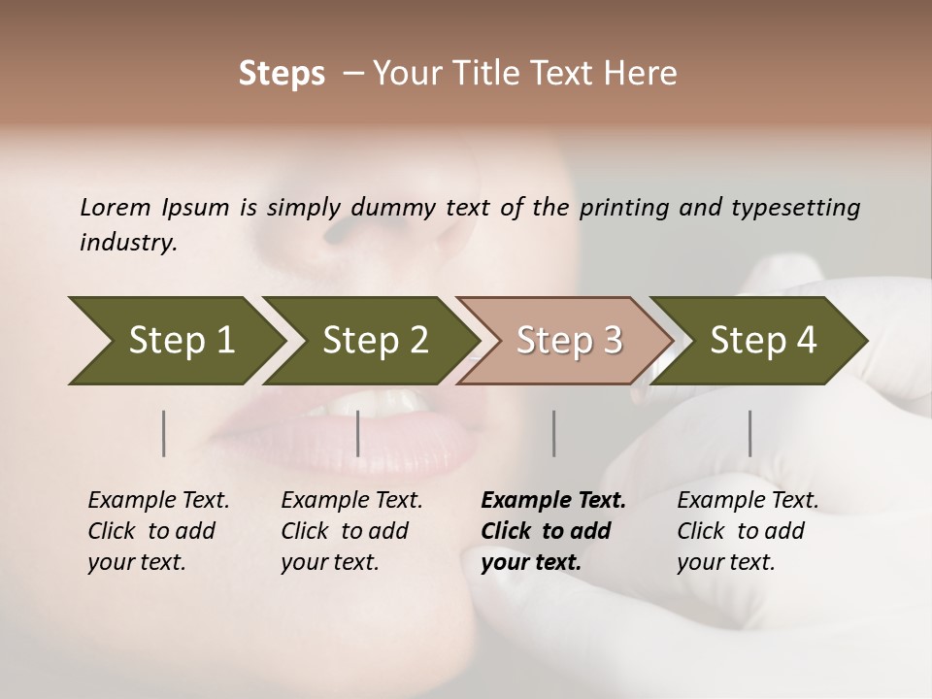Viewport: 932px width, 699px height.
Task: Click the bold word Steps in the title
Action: (x=282, y=74)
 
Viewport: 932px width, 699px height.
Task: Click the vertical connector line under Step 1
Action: (x=164, y=433)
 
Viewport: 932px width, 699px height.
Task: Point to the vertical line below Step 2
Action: (x=358, y=433)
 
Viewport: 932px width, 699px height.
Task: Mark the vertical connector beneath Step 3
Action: (x=554, y=433)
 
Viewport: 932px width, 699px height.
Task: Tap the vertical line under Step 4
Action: (x=749, y=433)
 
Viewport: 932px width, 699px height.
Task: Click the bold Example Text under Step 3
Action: (x=553, y=500)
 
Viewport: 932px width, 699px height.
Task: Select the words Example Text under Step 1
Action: (x=158, y=500)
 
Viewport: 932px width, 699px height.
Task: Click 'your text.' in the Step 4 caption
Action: (x=725, y=562)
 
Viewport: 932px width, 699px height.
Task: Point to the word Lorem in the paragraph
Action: (x=116, y=207)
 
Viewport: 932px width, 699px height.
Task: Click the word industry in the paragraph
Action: (x=128, y=242)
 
